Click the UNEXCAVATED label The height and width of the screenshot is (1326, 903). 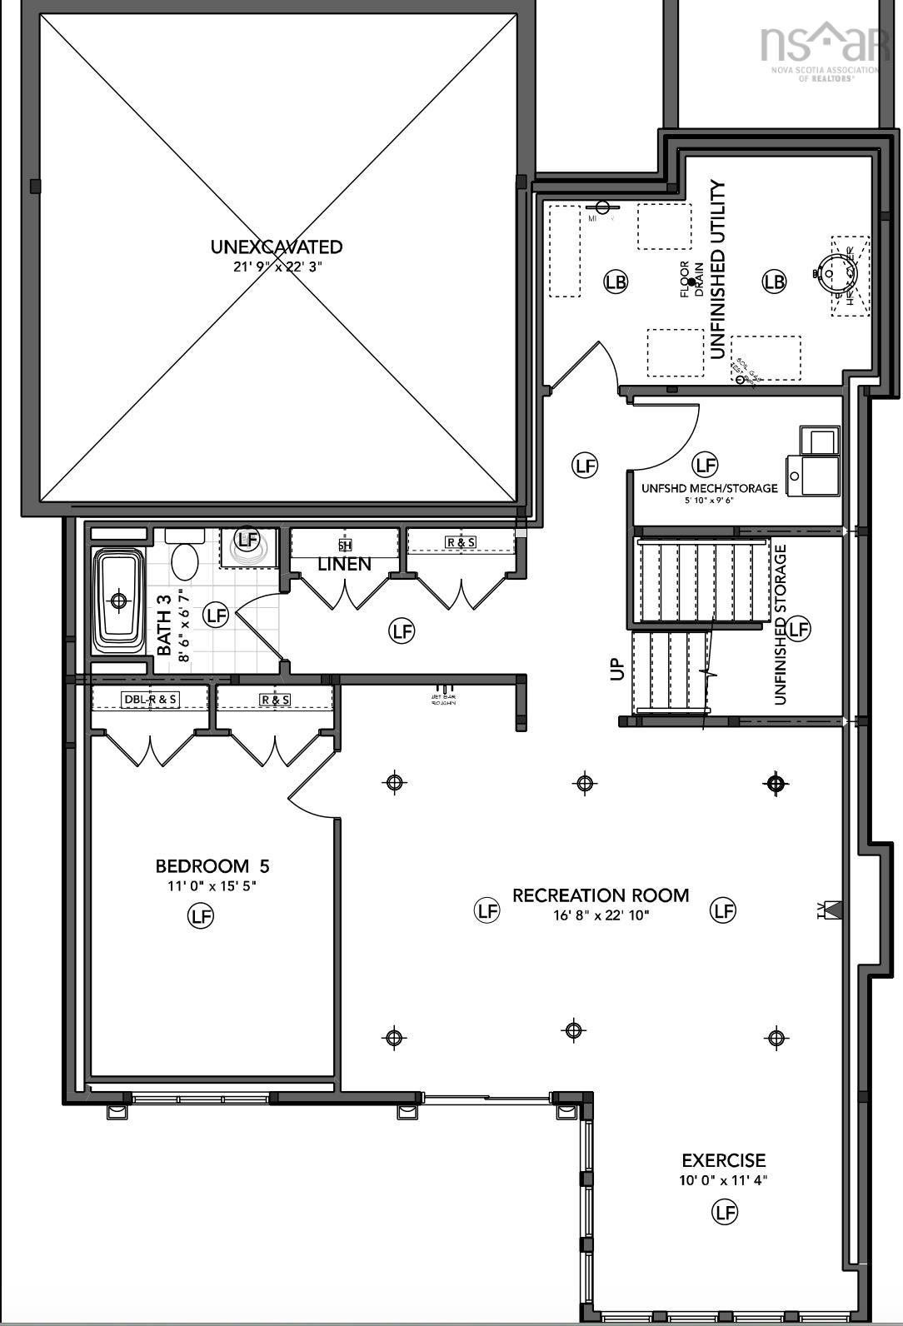276,247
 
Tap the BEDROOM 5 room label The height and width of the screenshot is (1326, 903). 212,866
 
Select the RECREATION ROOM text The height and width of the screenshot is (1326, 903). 601,895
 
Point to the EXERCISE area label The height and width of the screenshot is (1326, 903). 723,1160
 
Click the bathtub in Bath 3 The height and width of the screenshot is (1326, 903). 117,600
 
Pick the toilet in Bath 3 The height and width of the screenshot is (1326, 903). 185,556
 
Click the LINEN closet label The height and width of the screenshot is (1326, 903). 344,565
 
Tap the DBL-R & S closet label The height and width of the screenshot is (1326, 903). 150,699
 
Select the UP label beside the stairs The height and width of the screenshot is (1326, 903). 616,669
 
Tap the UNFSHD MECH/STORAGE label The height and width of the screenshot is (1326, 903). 709,488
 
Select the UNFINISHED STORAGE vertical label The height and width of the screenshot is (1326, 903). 781,625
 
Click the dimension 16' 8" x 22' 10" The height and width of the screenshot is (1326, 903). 601,915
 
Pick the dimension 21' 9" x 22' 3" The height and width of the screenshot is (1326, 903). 277,267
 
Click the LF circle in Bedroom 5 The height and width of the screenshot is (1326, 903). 200,916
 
